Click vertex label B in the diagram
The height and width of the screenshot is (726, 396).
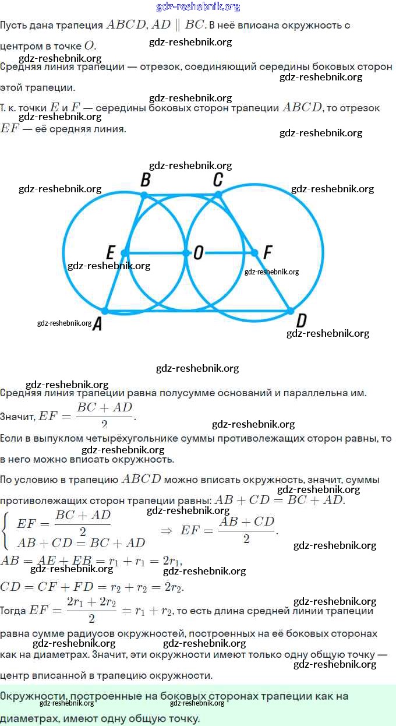point(146,180)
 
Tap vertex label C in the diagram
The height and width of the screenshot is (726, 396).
point(218,179)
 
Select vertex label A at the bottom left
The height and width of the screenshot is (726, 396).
point(97,325)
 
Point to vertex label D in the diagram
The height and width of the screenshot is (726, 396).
point(301,320)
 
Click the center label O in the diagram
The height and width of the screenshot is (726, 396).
point(199,253)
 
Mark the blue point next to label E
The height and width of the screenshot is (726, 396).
point(125,253)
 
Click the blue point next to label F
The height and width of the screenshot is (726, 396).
point(254,253)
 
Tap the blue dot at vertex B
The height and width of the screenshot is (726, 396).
point(144,195)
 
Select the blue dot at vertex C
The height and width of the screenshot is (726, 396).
point(218,195)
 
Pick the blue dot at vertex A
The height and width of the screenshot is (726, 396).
point(105,311)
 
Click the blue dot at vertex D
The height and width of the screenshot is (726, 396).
point(291,311)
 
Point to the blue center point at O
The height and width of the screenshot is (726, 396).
point(186,253)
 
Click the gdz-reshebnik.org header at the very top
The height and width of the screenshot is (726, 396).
point(198,7)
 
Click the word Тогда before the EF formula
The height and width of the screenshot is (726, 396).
point(13,611)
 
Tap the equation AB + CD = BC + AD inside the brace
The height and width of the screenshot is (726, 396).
point(81,543)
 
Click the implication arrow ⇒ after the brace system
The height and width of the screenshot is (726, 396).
point(166,530)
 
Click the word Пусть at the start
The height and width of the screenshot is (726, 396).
point(13,26)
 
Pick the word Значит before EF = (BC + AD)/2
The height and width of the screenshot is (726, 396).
point(17,417)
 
